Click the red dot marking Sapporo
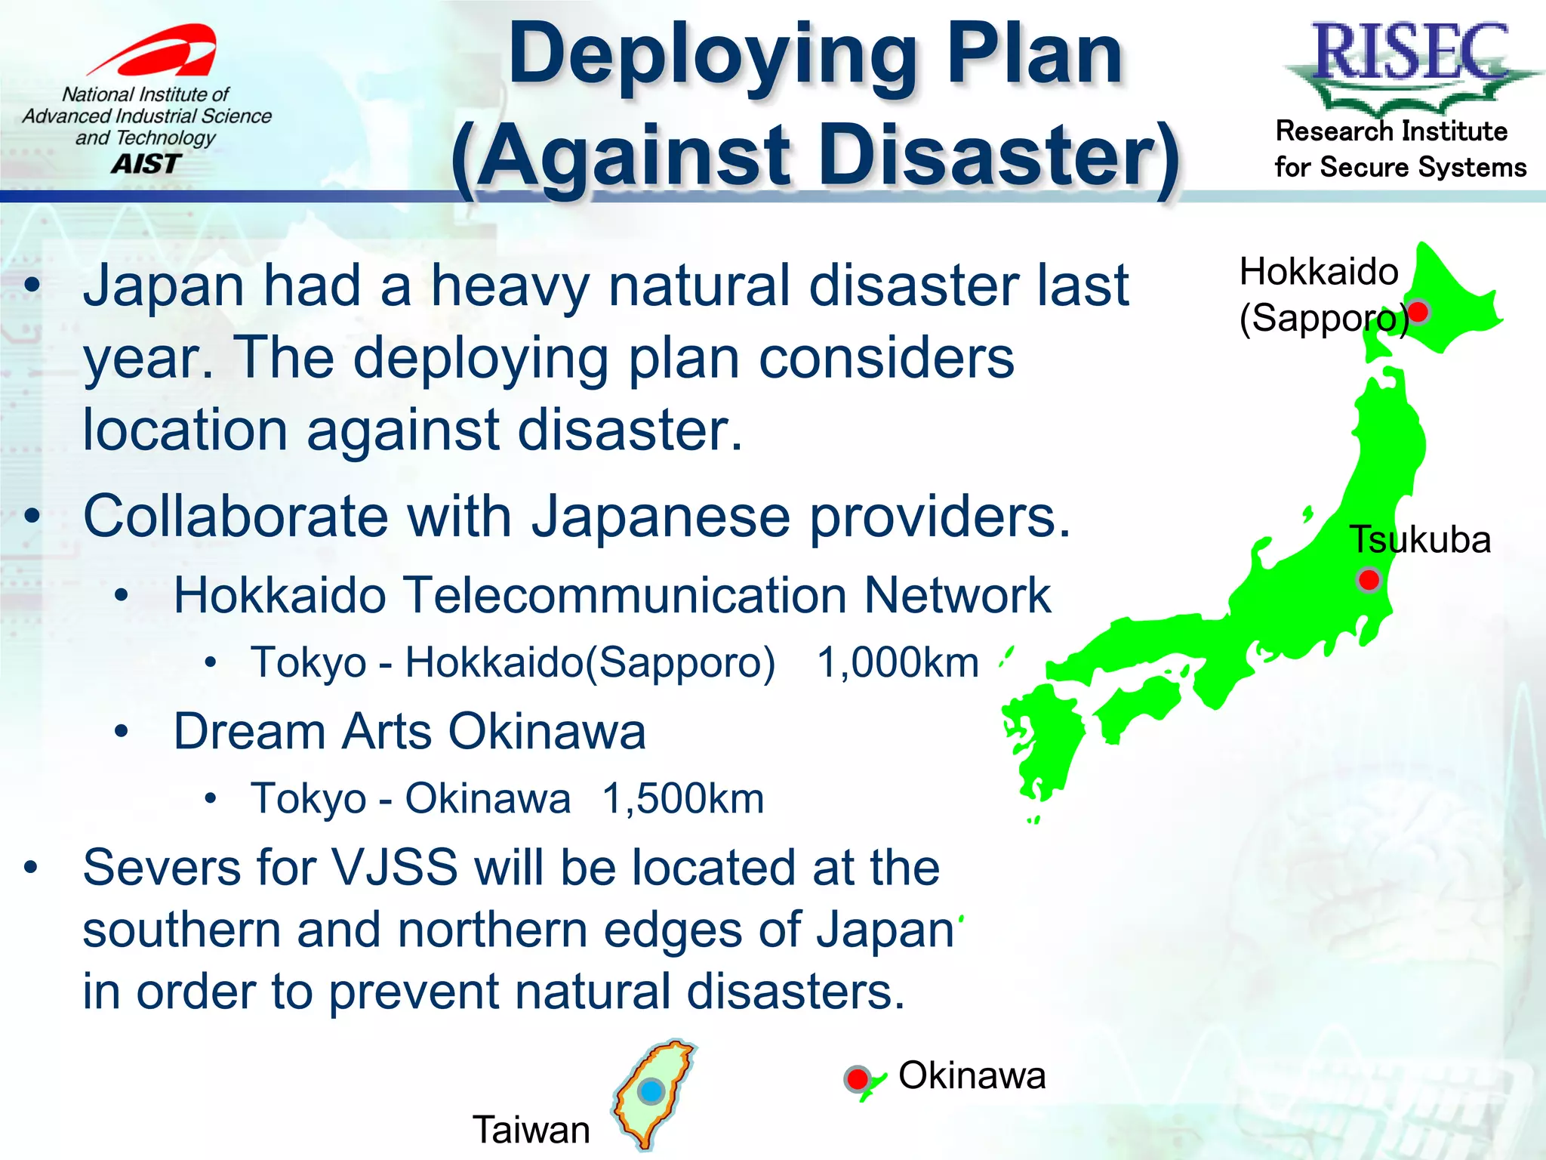pyautogui.click(x=1419, y=312)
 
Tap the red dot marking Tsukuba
pyautogui.click(x=1369, y=580)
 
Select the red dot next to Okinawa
pyautogui.click(x=858, y=1078)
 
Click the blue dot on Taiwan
pyautogui.click(x=651, y=1091)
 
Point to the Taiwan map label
pyautogui.click(x=531, y=1130)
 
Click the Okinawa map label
pyautogui.click(x=972, y=1075)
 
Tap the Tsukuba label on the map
pyautogui.click(x=1419, y=539)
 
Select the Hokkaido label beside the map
pyautogui.click(x=1318, y=272)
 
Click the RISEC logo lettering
pyautogui.click(x=1410, y=51)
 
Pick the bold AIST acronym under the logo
pyautogui.click(x=146, y=163)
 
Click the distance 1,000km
pyautogui.click(x=898, y=663)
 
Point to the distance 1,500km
pyautogui.click(x=683, y=798)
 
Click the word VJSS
pyautogui.click(x=394, y=867)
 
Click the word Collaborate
pyautogui.click(x=234, y=517)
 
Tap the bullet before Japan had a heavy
pyautogui.click(x=32, y=286)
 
